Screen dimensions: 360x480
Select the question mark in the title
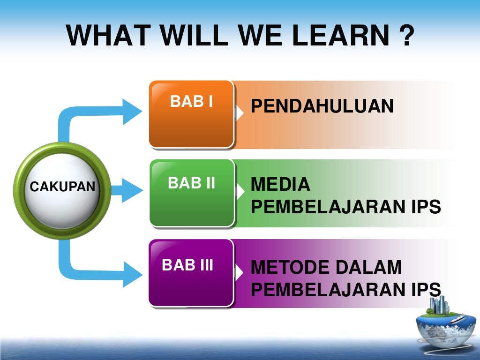[x=408, y=36]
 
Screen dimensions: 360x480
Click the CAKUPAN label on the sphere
[x=62, y=187]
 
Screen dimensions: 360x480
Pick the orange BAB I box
[x=191, y=114]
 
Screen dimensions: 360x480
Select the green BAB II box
[x=191, y=193]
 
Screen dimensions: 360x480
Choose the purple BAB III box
[x=191, y=273]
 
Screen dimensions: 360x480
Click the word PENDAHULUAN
[x=322, y=106]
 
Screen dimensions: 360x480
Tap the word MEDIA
[x=280, y=185]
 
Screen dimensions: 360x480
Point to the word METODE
[x=290, y=268]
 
